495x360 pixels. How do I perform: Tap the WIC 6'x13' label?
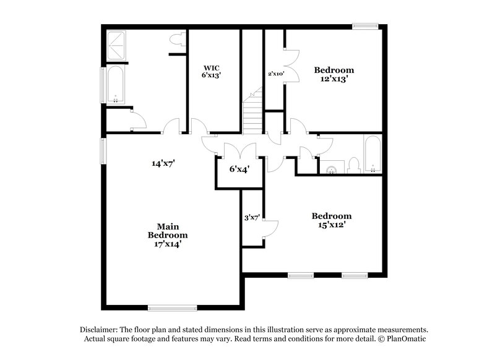212,71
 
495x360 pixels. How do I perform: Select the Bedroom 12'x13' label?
334,74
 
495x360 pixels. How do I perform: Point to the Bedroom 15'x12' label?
331,220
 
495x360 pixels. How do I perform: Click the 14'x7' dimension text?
163,164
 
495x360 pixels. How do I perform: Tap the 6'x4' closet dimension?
238,169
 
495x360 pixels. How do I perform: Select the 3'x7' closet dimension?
252,217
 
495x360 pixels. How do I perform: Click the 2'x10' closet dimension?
275,74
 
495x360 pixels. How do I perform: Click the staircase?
252,114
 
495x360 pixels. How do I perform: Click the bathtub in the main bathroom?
116,85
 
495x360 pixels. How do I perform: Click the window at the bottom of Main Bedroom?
173,307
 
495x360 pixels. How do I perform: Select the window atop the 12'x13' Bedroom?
365,26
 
